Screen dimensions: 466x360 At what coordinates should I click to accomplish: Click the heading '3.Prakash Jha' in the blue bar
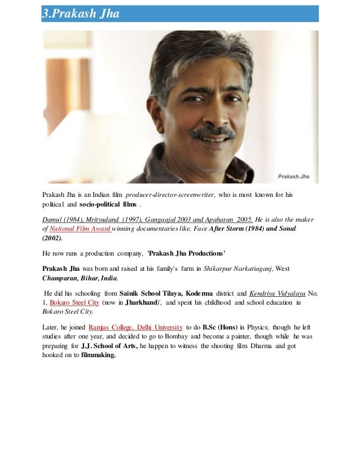pyautogui.click(x=81, y=14)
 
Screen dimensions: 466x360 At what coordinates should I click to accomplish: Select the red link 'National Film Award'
pyautogui.click(x=73, y=228)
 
